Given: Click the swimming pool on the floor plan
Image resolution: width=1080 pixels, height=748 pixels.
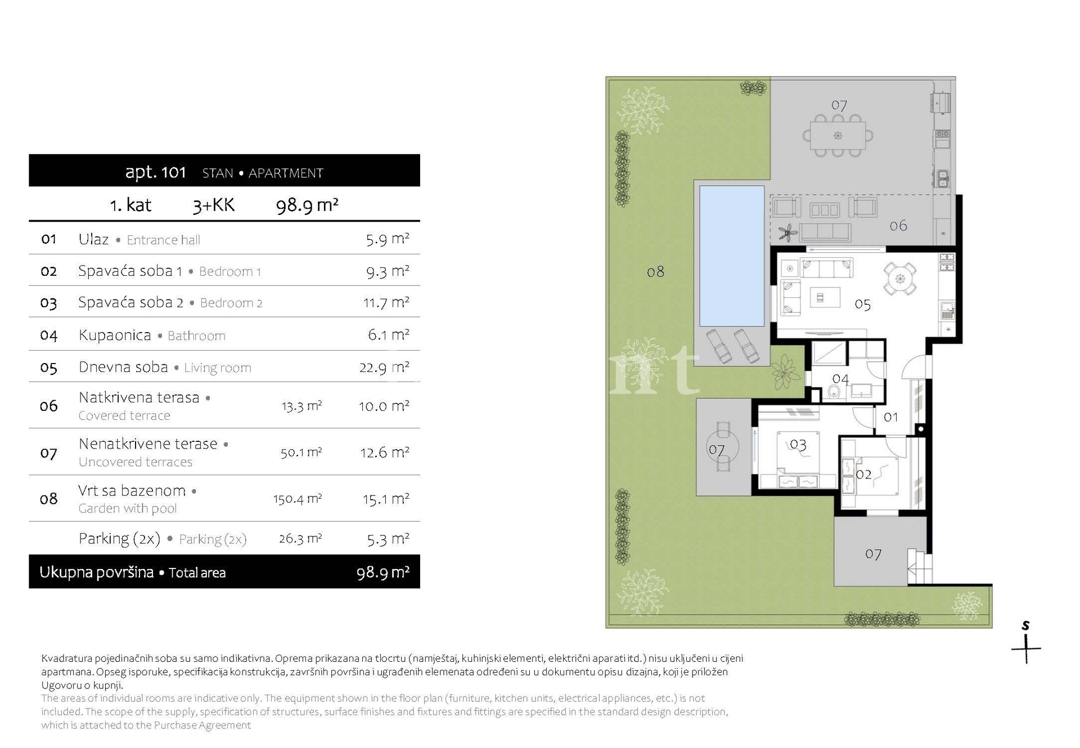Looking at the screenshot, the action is (x=732, y=256).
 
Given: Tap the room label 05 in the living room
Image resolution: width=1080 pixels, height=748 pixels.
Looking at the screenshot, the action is (x=862, y=305).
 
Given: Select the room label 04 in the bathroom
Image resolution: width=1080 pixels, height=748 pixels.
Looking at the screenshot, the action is (x=840, y=379).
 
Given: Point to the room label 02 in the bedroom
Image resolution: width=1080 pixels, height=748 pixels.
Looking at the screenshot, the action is (x=863, y=474).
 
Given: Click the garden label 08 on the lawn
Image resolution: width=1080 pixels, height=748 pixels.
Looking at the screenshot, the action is (x=655, y=272).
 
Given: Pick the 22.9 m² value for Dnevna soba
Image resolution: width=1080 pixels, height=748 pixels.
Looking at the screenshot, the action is (x=384, y=368).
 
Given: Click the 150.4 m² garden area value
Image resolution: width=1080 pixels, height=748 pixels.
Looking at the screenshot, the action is (x=298, y=499).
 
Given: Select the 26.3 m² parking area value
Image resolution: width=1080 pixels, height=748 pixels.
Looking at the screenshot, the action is (x=300, y=539).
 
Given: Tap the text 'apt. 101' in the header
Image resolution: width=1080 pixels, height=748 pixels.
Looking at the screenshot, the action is (x=155, y=172).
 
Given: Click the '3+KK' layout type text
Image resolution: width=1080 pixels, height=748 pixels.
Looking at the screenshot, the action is (x=213, y=205).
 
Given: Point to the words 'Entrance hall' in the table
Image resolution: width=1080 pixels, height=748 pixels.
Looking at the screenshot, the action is (x=163, y=240).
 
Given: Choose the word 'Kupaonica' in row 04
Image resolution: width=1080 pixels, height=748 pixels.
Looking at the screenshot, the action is (x=115, y=335).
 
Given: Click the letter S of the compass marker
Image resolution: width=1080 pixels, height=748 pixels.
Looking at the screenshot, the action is (x=1025, y=625).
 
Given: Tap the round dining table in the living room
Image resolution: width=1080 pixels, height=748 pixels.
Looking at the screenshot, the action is (x=900, y=279).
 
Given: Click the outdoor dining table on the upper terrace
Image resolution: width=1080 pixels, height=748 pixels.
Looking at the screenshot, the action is (x=838, y=136).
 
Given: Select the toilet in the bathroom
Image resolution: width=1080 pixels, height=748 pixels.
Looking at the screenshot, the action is (x=834, y=391).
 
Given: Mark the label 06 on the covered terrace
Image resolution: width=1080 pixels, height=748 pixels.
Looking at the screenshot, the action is (x=898, y=226).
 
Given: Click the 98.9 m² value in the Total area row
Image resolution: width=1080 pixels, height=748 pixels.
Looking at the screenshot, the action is (x=382, y=573).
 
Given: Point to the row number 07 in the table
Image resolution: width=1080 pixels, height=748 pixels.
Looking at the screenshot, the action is (x=49, y=453).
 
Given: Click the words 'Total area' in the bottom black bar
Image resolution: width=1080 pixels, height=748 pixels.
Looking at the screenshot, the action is (x=197, y=573).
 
